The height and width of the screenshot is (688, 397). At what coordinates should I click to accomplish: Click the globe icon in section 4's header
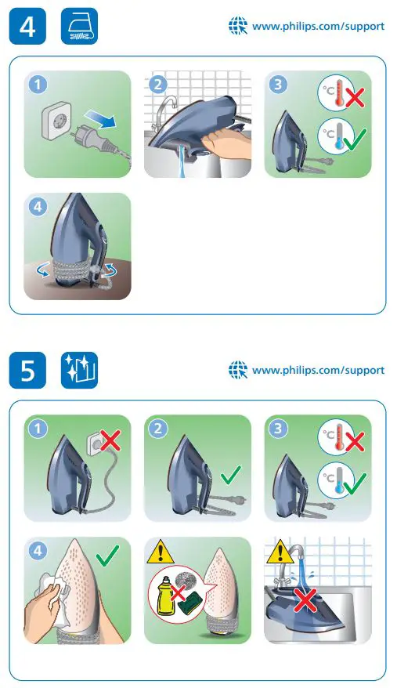(237, 26)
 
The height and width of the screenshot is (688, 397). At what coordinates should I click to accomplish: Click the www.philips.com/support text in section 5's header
(318, 370)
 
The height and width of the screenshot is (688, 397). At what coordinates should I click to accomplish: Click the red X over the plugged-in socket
(110, 440)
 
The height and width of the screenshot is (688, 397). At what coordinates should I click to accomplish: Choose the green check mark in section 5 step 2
(230, 474)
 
